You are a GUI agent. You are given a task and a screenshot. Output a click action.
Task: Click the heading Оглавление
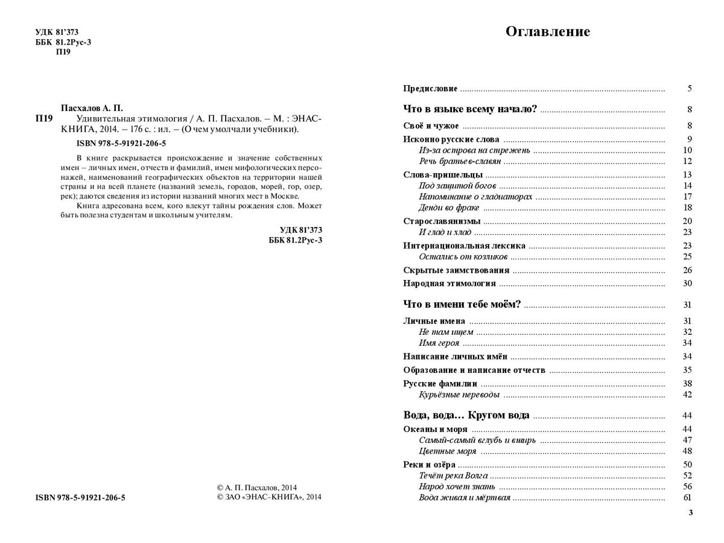click(547, 32)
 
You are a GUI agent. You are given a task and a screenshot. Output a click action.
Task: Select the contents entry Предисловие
click(430, 89)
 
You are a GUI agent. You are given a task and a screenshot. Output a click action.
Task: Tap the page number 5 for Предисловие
click(689, 89)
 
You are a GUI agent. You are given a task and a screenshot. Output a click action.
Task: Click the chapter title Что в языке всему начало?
click(470, 109)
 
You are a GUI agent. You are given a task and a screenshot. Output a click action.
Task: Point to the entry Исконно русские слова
click(451, 139)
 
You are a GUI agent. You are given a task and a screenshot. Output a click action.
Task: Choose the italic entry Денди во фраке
click(449, 208)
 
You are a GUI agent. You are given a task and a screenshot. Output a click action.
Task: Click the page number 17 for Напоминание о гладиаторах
click(687, 197)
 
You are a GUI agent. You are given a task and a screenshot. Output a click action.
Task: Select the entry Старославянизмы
click(442, 221)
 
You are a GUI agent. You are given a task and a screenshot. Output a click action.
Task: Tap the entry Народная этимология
click(449, 283)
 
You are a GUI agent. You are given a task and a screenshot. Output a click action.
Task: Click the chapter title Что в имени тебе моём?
click(462, 305)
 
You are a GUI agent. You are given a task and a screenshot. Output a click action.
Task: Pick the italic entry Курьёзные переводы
click(459, 395)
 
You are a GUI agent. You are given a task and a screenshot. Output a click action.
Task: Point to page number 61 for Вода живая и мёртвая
click(687, 498)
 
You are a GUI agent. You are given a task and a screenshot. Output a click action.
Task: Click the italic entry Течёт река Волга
click(453, 475)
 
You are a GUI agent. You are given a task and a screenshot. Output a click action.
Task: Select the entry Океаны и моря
click(434, 429)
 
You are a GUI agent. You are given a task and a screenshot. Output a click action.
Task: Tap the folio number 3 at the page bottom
click(690, 513)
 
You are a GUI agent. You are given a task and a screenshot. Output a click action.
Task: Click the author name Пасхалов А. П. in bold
click(92, 107)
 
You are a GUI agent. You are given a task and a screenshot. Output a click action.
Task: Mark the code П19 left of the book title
click(45, 118)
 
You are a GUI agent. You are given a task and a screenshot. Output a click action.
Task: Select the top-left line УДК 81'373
click(57, 31)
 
